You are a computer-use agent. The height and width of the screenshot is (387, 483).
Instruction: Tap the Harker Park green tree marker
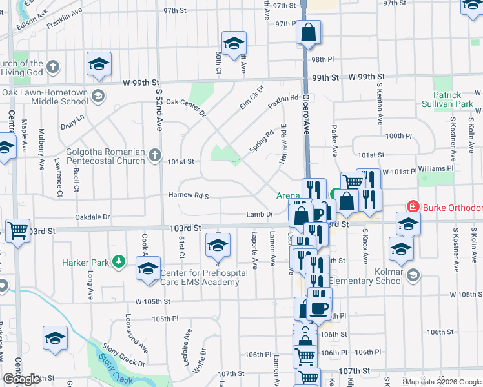(118, 261)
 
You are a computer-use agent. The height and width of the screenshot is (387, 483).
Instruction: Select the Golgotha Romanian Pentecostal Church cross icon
(154, 155)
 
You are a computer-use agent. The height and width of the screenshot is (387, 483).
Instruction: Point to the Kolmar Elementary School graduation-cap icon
(413, 275)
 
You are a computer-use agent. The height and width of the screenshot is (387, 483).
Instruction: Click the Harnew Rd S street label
(188, 195)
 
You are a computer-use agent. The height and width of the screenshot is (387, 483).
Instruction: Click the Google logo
(21, 380)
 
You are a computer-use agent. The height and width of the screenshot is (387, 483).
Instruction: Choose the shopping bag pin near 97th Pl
(309, 32)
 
